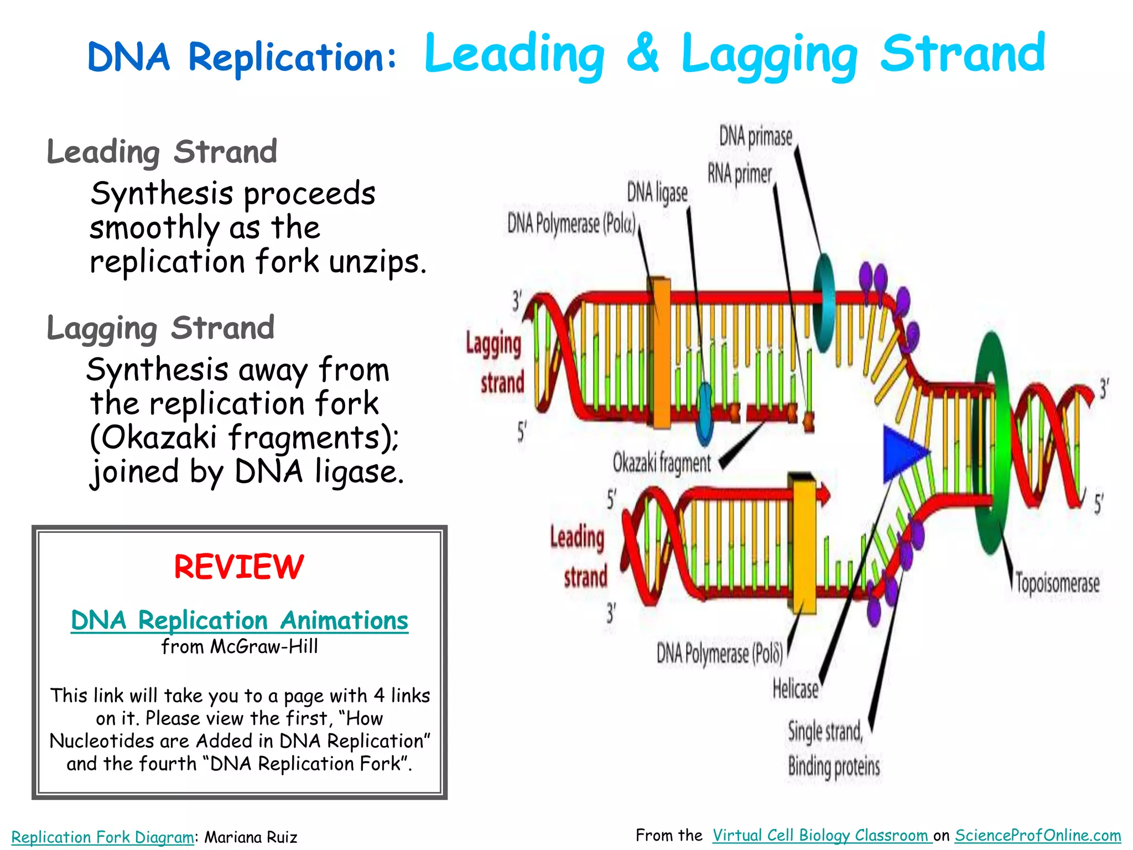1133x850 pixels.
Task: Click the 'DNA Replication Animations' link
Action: [240, 620]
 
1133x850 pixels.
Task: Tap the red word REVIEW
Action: [239, 567]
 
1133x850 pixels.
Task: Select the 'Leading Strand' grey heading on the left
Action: [162, 152]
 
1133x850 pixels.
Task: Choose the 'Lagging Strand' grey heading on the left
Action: [160, 328]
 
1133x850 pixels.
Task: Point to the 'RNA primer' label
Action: [739, 174]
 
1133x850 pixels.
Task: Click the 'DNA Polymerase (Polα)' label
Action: [571, 224]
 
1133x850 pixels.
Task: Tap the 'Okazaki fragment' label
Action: [662, 463]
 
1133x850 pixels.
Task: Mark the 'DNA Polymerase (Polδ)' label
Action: [719, 654]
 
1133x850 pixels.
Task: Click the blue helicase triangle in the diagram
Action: [901, 453]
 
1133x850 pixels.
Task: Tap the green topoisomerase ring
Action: [992, 443]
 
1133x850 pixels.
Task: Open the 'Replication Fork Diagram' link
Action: [102, 837]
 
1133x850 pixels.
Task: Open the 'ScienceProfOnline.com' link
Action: [1037, 835]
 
